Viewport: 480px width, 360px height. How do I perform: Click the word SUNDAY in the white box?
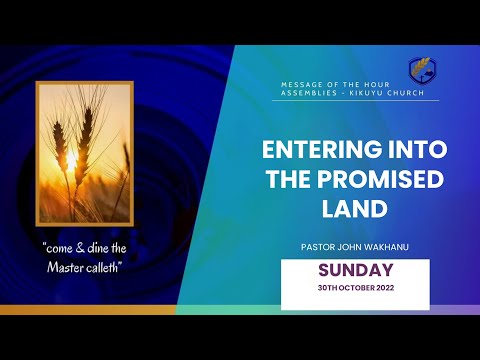click(355, 270)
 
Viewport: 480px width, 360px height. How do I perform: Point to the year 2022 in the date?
click(380, 288)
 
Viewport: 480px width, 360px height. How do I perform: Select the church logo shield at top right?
click(421, 71)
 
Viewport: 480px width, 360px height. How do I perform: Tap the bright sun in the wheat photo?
click(70, 160)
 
